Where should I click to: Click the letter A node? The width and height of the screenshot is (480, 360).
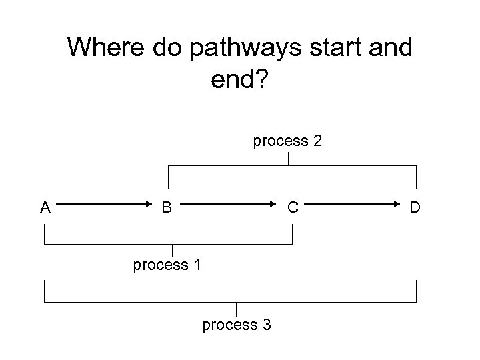[45, 207]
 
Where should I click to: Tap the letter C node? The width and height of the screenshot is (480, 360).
[292, 207]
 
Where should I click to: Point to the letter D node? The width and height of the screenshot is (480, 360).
[415, 207]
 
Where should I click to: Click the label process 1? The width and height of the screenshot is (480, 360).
[167, 265]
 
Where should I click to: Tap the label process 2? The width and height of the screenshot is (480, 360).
[287, 141]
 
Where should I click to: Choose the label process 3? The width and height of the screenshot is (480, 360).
[236, 325]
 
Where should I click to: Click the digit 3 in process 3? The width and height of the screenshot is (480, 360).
[267, 325]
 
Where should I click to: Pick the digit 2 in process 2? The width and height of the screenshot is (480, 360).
[318, 141]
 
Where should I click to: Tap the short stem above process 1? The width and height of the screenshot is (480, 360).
[173, 250]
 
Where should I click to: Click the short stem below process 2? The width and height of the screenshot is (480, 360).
[287, 159]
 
